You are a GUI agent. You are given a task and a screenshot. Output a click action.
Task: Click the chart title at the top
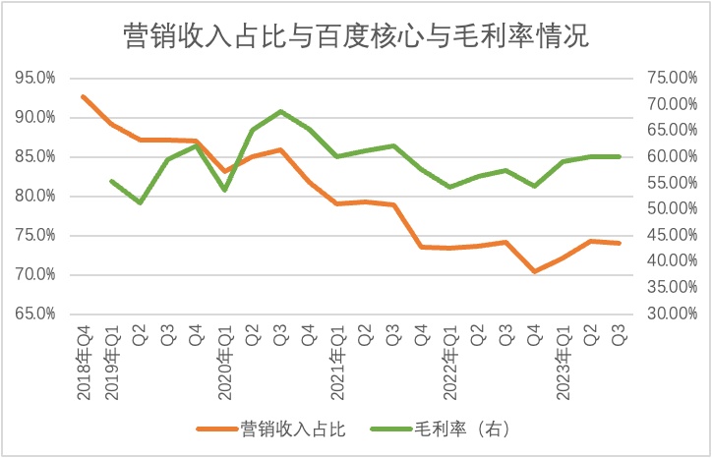pyautogui.click(x=355, y=36)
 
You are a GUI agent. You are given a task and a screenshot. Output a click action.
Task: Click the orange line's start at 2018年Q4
pyautogui.click(x=83, y=96)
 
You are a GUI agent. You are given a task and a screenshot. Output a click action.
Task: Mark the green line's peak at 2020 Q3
pyautogui.click(x=281, y=111)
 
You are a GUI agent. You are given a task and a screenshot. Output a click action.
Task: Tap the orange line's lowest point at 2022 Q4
pyautogui.click(x=535, y=271)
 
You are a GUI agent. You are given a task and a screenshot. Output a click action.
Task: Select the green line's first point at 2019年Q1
pyautogui.click(x=111, y=181)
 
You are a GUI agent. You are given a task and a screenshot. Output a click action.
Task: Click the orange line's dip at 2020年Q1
pyautogui.click(x=225, y=171)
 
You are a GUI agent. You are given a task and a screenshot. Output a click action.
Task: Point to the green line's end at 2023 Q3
pyautogui.click(x=620, y=156)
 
